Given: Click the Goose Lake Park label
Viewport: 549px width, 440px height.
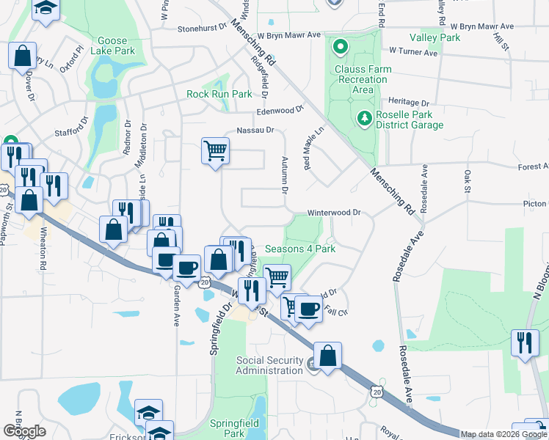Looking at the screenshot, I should (113, 45).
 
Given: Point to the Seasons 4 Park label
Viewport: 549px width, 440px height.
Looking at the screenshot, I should (299, 249).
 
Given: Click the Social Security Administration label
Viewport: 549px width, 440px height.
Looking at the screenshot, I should (269, 365).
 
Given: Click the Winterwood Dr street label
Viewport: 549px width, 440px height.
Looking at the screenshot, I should (334, 213).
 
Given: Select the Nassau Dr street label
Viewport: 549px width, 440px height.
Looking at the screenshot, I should (255, 131).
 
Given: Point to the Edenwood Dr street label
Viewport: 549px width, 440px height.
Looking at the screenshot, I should (280, 110).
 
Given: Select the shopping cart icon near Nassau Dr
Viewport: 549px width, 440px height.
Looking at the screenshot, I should (215, 151).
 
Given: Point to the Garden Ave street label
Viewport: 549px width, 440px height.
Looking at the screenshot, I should (176, 311).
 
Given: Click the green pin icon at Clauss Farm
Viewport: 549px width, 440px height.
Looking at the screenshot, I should (340, 49).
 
